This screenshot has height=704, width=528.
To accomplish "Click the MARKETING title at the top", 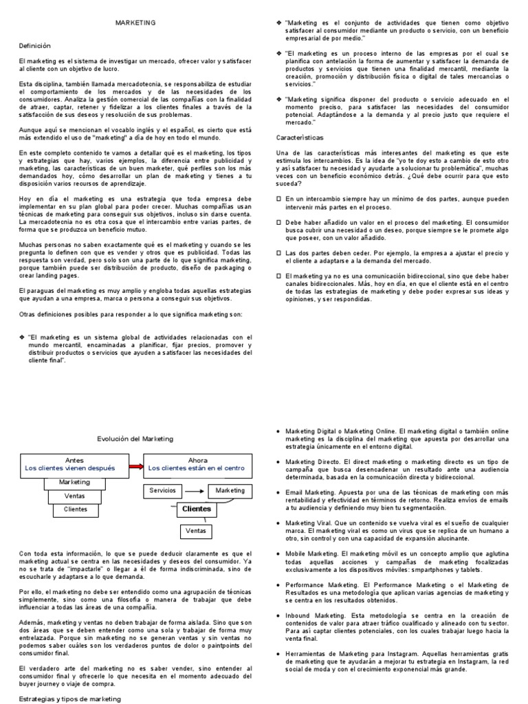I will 134,23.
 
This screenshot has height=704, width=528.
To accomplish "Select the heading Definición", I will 35,45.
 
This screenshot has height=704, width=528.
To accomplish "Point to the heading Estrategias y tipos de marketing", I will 69,698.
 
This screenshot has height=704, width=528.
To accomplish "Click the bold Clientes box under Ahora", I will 196,509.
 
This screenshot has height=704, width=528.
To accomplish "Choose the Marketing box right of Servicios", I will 230,490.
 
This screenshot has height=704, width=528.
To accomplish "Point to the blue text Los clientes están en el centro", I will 196,467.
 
